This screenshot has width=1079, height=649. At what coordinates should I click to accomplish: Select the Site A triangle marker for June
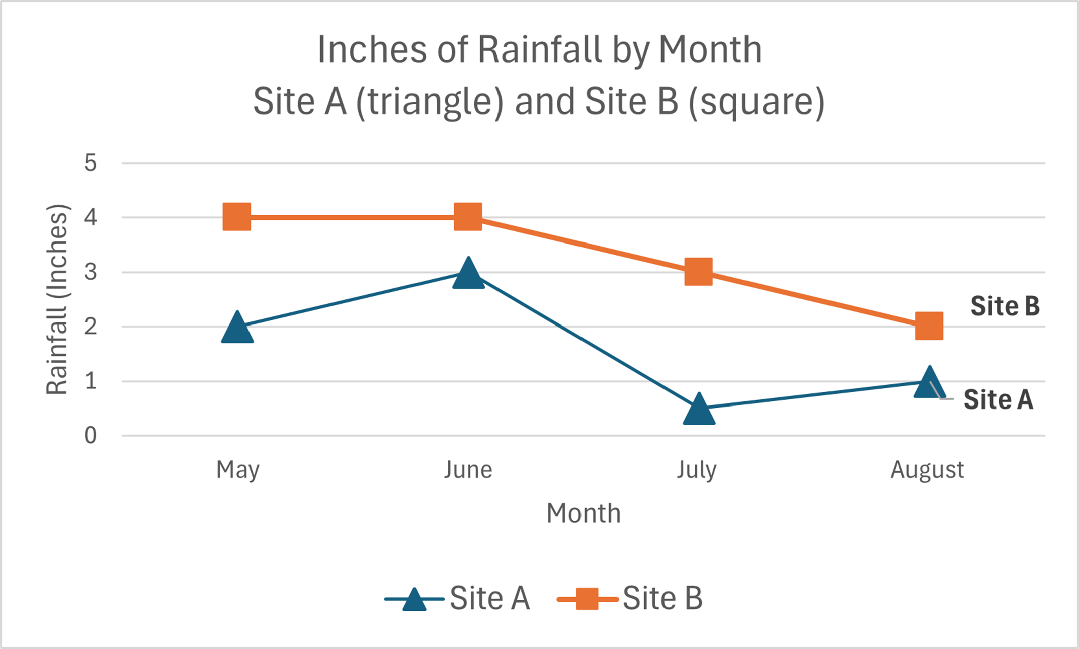[x=468, y=274]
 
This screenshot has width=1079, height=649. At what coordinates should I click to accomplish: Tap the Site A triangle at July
[x=699, y=410]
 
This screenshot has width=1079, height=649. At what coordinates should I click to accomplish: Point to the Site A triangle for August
[x=929, y=383]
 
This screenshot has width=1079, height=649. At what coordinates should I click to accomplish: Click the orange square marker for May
[x=237, y=217]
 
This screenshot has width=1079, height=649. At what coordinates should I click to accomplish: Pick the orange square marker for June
[x=468, y=217]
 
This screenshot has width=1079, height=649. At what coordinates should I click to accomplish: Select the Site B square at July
[x=698, y=272]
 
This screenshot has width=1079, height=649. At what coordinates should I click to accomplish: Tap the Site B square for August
[x=929, y=326]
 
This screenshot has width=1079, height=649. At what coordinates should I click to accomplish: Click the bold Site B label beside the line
[x=1005, y=306]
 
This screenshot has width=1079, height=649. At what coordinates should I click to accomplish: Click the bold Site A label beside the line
[x=998, y=400]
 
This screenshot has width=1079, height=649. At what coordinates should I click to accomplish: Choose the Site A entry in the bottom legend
[x=458, y=599]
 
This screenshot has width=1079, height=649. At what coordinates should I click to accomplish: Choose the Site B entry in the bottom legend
[x=631, y=599]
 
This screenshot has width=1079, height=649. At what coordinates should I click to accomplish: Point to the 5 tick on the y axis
[x=91, y=163]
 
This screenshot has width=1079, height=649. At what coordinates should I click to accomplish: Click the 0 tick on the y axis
[x=91, y=436]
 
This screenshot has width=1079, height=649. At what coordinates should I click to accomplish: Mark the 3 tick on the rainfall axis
[x=91, y=272]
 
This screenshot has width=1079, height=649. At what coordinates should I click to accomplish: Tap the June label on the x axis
[x=468, y=470]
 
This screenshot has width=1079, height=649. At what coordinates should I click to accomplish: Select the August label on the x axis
[x=927, y=470]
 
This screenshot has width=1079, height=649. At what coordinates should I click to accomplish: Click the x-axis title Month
[x=584, y=514]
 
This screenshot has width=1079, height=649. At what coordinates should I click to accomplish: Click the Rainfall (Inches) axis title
[x=57, y=299]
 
